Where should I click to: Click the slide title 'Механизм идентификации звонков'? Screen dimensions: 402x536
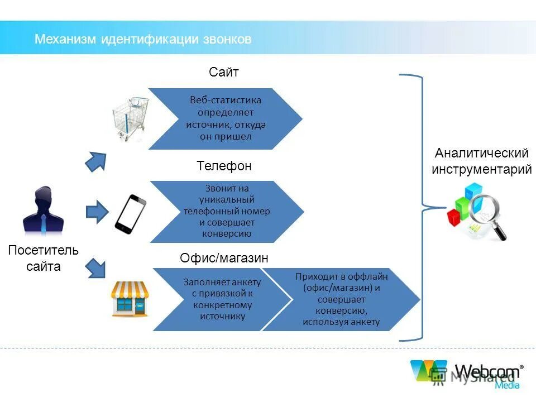tap(143, 39)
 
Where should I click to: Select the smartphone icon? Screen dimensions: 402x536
tap(131, 213)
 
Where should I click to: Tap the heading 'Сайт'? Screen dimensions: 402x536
tap(224, 72)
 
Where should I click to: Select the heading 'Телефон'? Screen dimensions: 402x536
tap(224, 166)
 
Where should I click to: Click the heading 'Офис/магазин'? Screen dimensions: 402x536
tap(224, 259)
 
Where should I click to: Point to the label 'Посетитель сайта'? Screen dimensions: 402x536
tap(44, 258)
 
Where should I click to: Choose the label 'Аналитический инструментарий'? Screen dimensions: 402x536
tap(481, 161)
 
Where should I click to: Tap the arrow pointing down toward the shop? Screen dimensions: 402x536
tap(96, 267)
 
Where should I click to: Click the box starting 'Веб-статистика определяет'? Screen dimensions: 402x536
tap(226, 118)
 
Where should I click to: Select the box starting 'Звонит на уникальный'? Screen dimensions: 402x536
tap(227, 212)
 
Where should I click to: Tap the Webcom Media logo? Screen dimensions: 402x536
tap(467, 374)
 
